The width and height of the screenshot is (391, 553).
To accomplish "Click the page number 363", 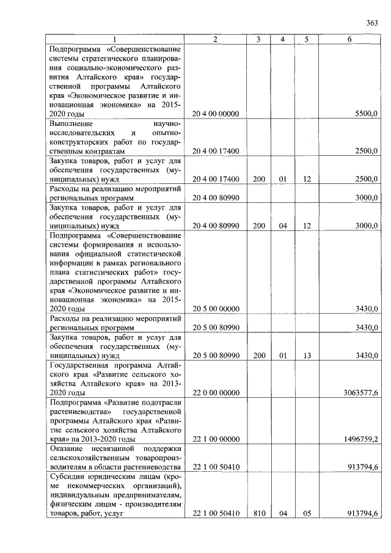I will (x=373, y=23).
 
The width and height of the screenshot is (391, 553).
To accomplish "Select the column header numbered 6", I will (x=349, y=39).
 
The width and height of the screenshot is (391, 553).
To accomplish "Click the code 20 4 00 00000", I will (x=216, y=114).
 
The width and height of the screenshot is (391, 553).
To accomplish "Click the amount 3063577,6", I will (x=360, y=393).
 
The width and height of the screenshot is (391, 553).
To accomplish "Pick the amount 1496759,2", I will (x=360, y=439).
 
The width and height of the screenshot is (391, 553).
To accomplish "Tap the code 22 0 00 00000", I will (x=216, y=393).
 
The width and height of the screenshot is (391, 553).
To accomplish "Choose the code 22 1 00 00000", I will (x=216, y=439).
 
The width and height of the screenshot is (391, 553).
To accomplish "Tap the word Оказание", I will (x=68, y=449).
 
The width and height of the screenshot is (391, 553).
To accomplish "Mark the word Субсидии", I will (x=68, y=477).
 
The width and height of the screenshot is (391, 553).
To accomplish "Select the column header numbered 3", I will (x=258, y=39).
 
